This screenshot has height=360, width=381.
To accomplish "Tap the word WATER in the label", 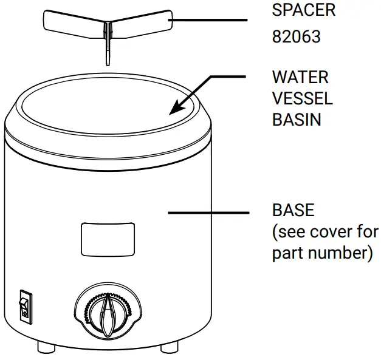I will click(300, 78).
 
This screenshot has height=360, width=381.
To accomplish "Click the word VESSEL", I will click(302, 98).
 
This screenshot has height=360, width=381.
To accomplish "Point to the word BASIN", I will click(297, 119).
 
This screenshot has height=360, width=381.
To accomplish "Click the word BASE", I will click(293, 211).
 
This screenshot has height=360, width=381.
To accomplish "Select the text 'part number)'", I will click(321, 252).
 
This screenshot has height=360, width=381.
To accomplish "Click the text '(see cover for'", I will click(324, 231).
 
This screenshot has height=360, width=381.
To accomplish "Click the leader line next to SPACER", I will click(210, 20).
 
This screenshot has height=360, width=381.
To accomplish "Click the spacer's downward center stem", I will click(107, 49).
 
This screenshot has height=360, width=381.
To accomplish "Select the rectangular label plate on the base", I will click(108, 239).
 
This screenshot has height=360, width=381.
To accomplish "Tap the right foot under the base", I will click(169, 347).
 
